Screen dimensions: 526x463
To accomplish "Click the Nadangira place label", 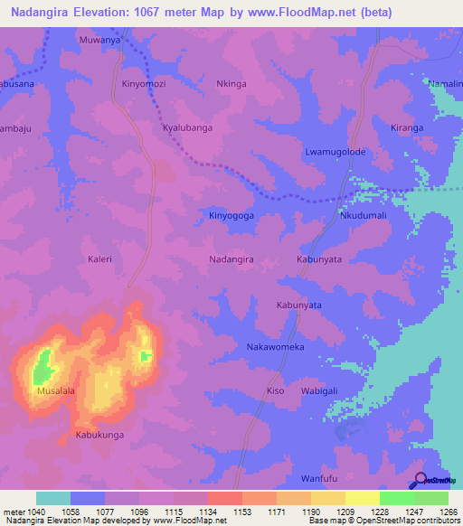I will pyautogui.click(x=231, y=258).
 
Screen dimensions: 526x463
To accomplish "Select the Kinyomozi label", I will pyautogui.click(x=145, y=83).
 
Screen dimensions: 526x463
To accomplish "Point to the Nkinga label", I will pyautogui.click(x=231, y=83).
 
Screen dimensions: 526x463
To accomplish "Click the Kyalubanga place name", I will pyautogui.click(x=187, y=128).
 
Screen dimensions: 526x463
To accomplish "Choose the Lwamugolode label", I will pyautogui.click(x=335, y=152).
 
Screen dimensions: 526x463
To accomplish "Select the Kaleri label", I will pyautogui.click(x=99, y=259).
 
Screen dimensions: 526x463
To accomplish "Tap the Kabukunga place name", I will pyautogui.click(x=99, y=436).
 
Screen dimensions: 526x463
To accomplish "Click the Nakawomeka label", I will pyautogui.click(x=275, y=347).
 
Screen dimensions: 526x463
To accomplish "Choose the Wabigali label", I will pyautogui.click(x=318, y=391).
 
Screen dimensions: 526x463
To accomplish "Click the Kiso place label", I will pyautogui.click(x=275, y=391).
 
